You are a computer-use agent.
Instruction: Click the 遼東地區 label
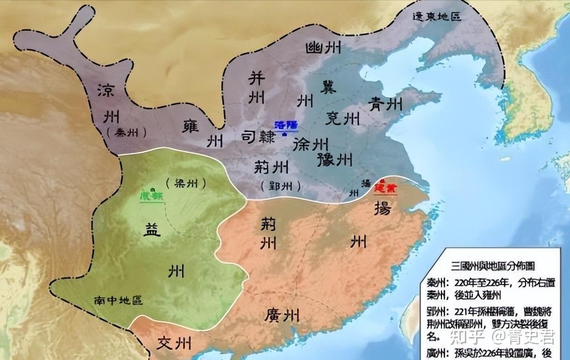click(x=437, y=16)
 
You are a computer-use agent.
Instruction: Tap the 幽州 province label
click(x=323, y=47)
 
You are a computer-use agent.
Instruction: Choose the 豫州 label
click(x=334, y=160)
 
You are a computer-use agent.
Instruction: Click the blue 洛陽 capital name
click(x=286, y=125)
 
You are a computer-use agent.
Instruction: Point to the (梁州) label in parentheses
click(x=185, y=184)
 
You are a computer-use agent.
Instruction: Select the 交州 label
click(x=174, y=344)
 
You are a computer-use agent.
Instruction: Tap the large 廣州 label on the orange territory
click(x=281, y=315)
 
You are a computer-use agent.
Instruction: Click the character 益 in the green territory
click(x=153, y=229)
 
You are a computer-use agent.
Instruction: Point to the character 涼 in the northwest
click(x=106, y=90)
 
